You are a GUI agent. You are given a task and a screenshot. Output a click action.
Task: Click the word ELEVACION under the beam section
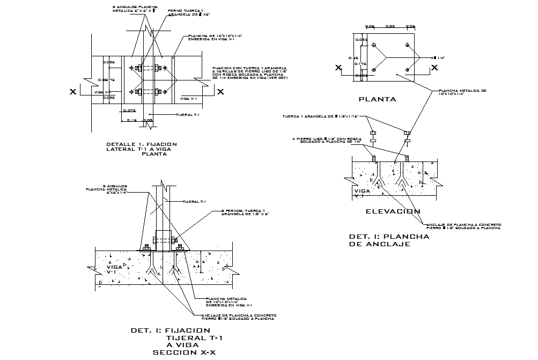pyautogui.click(x=393, y=211)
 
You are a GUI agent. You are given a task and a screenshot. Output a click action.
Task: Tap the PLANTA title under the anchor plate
pyautogui.click(x=377, y=99)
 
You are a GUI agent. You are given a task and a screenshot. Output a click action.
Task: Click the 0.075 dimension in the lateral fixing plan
pyautogui.click(x=129, y=111)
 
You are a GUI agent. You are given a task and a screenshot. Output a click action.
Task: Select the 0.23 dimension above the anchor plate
pyautogui.click(x=390, y=26)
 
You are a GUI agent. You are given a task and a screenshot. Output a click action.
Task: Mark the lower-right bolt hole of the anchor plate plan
pyautogui.click(x=408, y=69)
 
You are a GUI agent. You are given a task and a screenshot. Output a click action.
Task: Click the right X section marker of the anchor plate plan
pyautogui.click(x=434, y=68)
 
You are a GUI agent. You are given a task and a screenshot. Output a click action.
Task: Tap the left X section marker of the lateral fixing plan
pyautogui.click(x=72, y=92)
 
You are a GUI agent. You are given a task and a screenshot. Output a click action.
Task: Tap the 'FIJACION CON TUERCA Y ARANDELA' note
pyautogui.click(x=250, y=74)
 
